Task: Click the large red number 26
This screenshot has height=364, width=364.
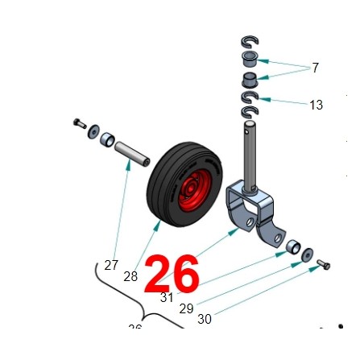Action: [172, 275]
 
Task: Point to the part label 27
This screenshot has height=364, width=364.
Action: [111, 265]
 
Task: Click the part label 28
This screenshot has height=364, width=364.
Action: [130, 276]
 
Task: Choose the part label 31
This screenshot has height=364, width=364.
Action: [167, 297]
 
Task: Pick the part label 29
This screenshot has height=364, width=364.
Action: [186, 308]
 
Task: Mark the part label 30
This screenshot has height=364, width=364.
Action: [205, 319]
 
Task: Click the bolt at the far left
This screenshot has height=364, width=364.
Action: [78, 123]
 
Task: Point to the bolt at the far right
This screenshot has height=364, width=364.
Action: [323, 264]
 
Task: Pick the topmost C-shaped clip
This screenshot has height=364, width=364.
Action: [248, 42]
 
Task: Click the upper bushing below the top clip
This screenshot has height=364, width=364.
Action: [250, 59]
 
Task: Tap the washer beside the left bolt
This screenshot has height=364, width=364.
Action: [95, 131]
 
